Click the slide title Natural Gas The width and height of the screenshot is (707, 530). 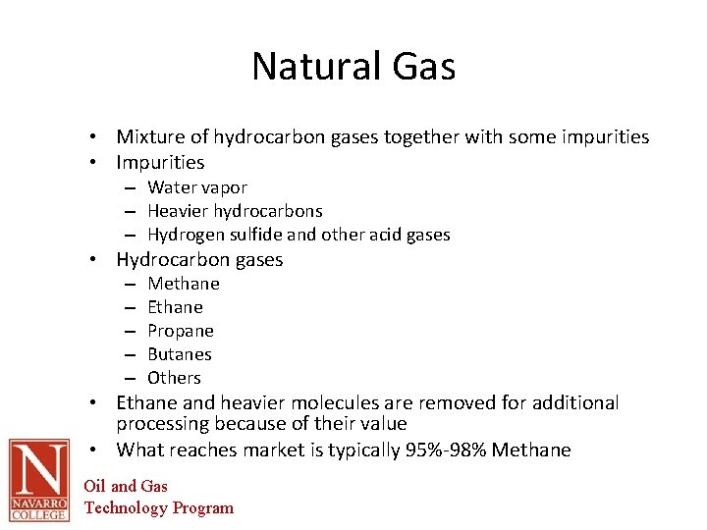(x=353, y=67)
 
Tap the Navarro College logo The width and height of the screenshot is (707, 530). (x=38, y=480)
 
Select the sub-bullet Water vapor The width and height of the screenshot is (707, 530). (x=197, y=187)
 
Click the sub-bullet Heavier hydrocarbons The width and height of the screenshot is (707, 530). (x=235, y=211)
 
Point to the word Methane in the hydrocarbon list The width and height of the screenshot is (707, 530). (x=184, y=284)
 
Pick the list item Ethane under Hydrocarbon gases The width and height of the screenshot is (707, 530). (x=175, y=307)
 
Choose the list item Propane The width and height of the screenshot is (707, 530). (x=180, y=331)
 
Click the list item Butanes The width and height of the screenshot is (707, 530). (x=180, y=354)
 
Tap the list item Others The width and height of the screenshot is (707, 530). (x=174, y=378)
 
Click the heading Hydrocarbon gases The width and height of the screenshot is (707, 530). (x=199, y=260)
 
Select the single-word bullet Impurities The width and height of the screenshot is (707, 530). (x=160, y=163)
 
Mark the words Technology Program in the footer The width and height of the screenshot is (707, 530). (x=159, y=507)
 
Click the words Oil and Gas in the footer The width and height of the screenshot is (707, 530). (x=126, y=486)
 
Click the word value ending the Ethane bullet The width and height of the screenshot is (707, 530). (x=384, y=424)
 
